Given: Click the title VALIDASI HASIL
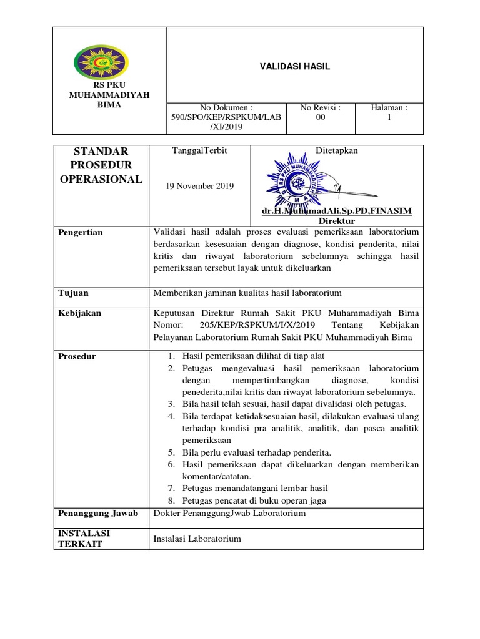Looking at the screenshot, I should [295, 66].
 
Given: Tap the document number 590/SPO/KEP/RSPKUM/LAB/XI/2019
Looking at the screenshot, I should [226, 117].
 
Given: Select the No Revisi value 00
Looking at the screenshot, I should [321, 117].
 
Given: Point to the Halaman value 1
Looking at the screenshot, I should [389, 117].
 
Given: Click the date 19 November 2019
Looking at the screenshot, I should [199, 186].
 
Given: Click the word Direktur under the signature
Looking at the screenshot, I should [337, 221].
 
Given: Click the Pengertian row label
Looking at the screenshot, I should [81, 233].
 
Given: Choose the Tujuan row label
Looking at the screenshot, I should [73, 293].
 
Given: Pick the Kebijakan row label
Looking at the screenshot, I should [79, 313].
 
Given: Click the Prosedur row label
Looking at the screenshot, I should [77, 356].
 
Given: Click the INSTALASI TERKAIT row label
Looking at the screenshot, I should [84, 539].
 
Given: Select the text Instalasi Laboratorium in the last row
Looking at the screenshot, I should [197, 539].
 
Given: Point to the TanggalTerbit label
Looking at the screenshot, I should [199, 151].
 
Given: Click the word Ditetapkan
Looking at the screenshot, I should [337, 151].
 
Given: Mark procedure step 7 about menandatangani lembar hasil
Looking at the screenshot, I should [255, 488].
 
